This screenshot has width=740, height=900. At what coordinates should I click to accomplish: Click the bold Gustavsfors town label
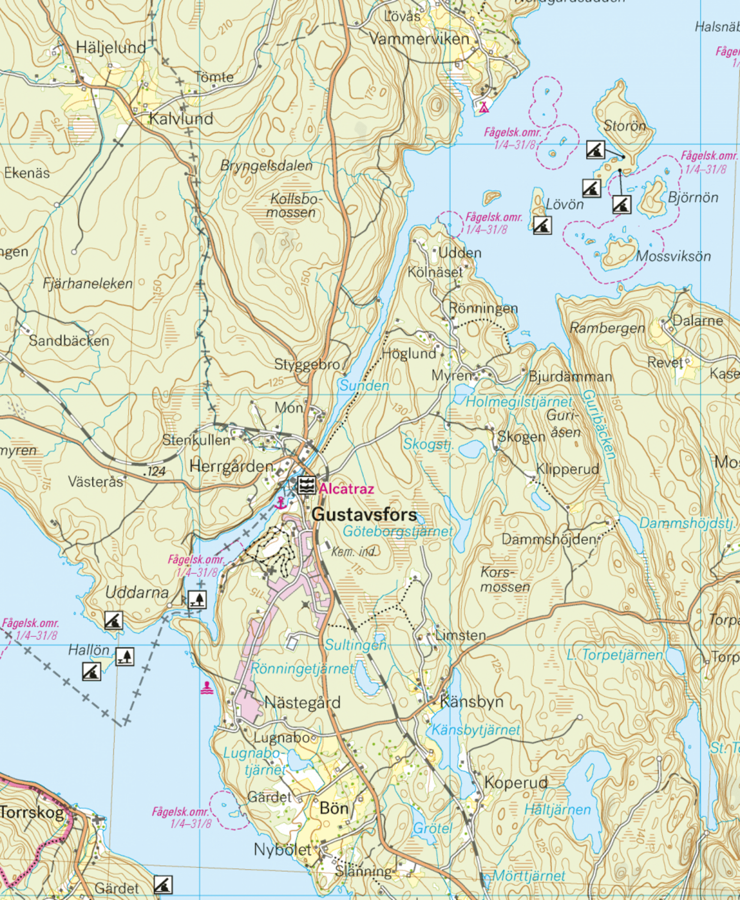point(364,515)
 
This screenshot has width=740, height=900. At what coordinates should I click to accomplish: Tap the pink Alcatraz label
point(346,489)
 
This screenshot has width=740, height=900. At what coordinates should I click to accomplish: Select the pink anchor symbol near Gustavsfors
point(280,503)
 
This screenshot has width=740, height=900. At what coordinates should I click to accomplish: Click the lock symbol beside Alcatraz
point(306,485)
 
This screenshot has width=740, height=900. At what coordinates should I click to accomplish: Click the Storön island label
point(625,126)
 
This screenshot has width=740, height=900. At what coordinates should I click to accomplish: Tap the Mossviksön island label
point(673,256)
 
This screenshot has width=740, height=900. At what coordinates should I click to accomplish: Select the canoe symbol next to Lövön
point(542,225)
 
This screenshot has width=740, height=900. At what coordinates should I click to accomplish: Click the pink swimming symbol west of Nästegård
point(207,688)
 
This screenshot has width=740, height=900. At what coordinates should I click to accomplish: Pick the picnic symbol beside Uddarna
point(197,599)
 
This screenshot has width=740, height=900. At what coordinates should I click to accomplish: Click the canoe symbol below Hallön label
point(92,671)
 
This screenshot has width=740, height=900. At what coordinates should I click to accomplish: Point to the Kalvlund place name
point(181,118)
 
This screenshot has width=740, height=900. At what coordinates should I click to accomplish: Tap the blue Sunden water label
point(364,385)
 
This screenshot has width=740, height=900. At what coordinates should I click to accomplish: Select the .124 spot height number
point(154,471)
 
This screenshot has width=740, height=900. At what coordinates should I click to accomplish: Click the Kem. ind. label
point(354,552)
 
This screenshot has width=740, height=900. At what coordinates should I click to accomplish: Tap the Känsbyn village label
point(471,701)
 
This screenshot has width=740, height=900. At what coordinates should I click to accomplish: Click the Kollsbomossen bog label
point(294,205)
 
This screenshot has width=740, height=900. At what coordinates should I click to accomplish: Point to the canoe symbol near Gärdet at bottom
point(163,885)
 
